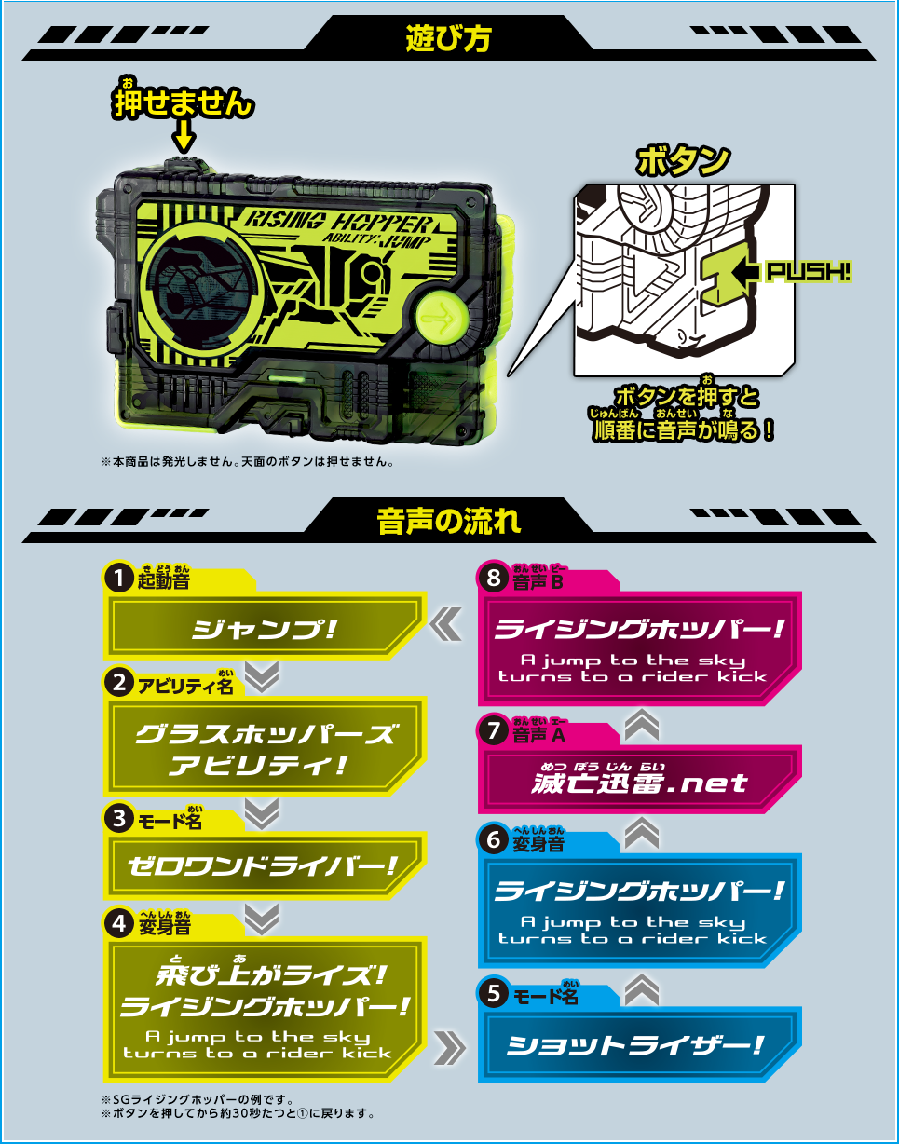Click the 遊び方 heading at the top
(448, 38)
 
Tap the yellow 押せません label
(183, 103)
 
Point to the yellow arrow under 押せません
(184, 139)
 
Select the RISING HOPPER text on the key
(338, 223)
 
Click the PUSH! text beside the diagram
(808, 272)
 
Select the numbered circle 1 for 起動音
(117, 579)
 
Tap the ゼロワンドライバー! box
(265, 865)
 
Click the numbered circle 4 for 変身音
(117, 923)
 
